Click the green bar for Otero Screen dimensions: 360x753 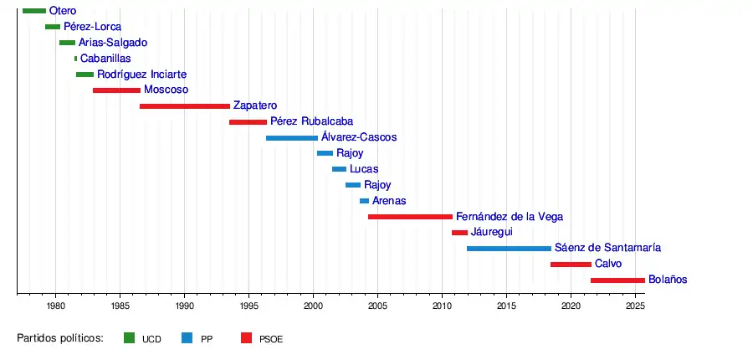coord(34,11)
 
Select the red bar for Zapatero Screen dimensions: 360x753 coord(185,106)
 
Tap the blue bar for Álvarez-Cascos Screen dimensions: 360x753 coord(292,137)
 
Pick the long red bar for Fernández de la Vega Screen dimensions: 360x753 coord(410,217)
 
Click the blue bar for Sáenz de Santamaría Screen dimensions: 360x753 coord(509,249)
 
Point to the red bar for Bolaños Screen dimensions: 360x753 coord(617,280)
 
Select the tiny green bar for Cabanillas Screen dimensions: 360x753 coord(75,59)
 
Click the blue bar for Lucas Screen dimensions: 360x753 coord(339,169)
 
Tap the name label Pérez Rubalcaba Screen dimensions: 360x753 coord(311,121)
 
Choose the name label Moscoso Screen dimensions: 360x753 coord(166,90)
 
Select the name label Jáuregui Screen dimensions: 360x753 coord(492,232)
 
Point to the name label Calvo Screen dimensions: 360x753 coord(608,264)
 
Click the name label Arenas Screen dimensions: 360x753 coord(389,201)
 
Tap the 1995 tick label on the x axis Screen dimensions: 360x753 coord(249,307)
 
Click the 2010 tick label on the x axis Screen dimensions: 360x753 coord(443,307)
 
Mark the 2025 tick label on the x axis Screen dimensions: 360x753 coord(635,307)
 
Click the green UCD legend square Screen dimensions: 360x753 coord(129,338)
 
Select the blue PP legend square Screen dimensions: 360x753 coord(187,338)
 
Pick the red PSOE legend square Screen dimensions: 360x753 coord(246,338)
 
